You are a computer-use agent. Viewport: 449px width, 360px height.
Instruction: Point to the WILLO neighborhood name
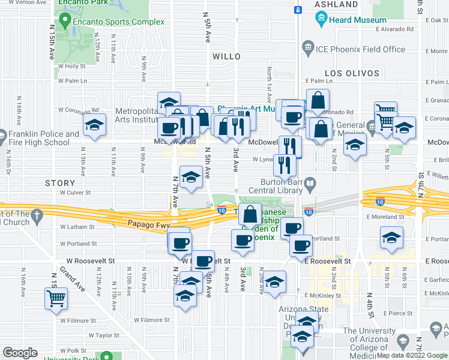coord(226,56)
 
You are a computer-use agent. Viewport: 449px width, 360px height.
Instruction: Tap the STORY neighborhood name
coord(59,182)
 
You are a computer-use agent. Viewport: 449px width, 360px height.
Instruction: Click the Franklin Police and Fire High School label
coord(40,139)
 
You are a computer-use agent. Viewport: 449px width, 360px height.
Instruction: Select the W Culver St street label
coord(74,193)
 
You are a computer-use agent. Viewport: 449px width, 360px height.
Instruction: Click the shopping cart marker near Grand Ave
coord(56,298)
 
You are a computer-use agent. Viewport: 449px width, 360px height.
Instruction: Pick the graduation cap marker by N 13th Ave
coord(94,126)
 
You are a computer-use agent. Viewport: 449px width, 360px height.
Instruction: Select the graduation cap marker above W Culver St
coord(191,178)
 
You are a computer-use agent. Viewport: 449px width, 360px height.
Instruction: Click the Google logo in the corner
coord(20,353)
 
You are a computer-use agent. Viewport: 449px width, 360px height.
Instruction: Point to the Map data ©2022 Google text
coord(411,355)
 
